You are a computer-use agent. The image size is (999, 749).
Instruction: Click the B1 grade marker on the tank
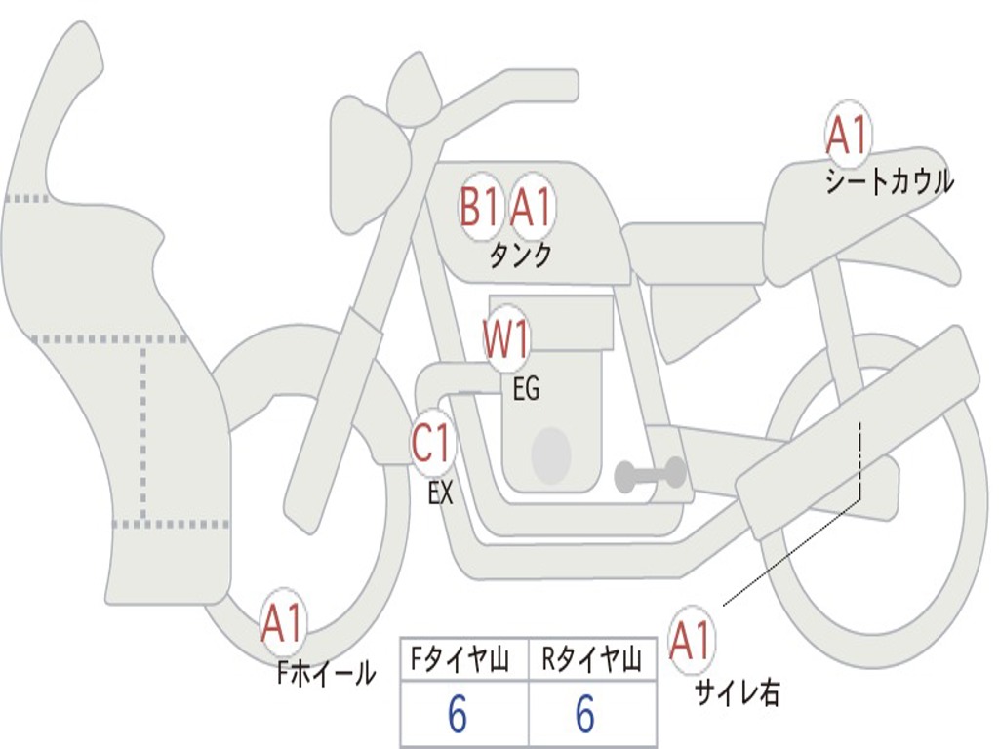[x=480, y=207]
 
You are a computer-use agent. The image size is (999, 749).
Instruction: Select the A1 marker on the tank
[x=532, y=207]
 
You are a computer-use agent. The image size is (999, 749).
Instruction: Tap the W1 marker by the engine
[x=506, y=341]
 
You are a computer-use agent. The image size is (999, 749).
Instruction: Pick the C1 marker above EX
[x=431, y=445]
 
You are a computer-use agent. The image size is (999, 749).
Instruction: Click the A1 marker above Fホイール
[x=283, y=624]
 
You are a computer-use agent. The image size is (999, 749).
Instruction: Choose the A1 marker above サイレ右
[x=691, y=641]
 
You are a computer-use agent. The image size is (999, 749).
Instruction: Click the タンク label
[x=520, y=256]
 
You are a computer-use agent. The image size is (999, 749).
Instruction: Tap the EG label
[x=526, y=390]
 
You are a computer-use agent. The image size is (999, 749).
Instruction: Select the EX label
[x=440, y=493]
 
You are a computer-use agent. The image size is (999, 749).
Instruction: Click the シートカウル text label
[x=889, y=182]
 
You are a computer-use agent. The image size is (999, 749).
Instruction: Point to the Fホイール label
[x=326, y=673]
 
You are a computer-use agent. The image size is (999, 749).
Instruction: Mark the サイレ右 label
[x=737, y=692]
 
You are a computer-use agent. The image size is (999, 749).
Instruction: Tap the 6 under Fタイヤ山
[x=457, y=715]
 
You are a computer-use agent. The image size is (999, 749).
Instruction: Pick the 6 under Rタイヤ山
[x=585, y=715]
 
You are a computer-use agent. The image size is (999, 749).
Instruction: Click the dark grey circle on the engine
[x=551, y=454]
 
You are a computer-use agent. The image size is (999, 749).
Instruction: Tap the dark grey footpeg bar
[x=650, y=475]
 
